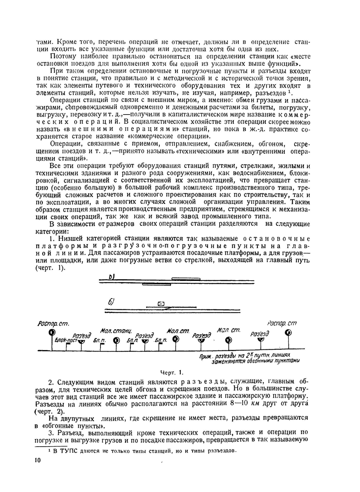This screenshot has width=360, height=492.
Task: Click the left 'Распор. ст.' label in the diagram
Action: point(53,324)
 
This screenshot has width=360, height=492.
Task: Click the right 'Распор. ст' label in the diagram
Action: point(282,323)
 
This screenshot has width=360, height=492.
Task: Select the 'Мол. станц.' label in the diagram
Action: point(116,331)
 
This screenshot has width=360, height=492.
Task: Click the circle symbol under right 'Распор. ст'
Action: point(288,332)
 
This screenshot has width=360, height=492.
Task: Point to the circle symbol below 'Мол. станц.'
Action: point(116,340)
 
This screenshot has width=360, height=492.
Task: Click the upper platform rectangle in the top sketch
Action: point(186,278)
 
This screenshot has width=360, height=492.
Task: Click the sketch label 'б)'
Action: point(111,302)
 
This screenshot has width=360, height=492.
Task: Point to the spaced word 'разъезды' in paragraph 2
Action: point(197,381)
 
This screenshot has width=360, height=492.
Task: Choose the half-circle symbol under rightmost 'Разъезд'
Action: point(261,340)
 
